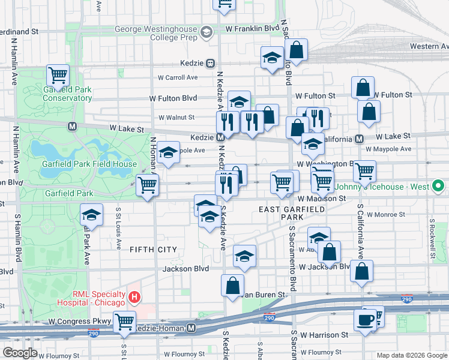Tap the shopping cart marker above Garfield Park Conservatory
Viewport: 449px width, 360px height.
tap(58, 76)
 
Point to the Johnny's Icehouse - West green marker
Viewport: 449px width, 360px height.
tap(439, 187)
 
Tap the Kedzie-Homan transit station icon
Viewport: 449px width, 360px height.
tap(191, 328)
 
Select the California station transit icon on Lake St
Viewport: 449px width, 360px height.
tap(359, 139)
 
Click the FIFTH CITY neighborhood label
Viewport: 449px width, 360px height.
tap(154, 249)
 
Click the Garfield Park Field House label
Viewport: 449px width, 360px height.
tap(89, 164)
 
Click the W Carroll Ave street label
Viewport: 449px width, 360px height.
tap(178, 77)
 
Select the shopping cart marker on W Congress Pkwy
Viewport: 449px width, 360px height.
tap(125, 322)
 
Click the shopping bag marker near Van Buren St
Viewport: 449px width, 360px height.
tap(232, 285)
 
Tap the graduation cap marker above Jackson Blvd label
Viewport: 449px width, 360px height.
tap(244, 256)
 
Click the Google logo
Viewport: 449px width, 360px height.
tap(20, 353)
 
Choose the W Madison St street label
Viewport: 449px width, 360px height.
tap(322, 198)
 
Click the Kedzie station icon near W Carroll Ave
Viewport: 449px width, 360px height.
tap(211, 63)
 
